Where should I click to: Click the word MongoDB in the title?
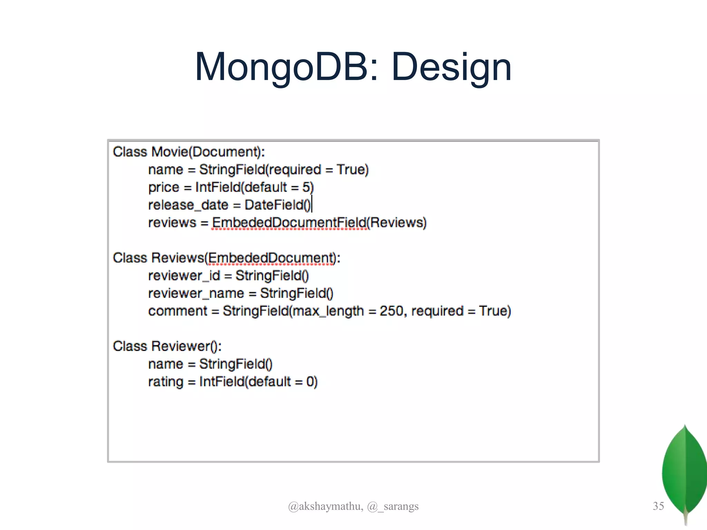point(282,67)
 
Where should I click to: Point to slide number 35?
point(658,506)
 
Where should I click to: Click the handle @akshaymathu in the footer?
point(325,506)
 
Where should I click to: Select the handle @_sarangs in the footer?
point(393,506)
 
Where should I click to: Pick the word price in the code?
point(164,187)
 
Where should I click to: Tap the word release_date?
point(188,205)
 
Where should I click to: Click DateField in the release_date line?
point(274,205)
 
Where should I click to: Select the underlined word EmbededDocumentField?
point(289,223)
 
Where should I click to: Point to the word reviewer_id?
point(184,276)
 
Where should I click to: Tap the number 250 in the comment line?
point(391,311)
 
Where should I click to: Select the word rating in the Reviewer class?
point(166,382)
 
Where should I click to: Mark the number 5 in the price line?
point(306,187)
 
